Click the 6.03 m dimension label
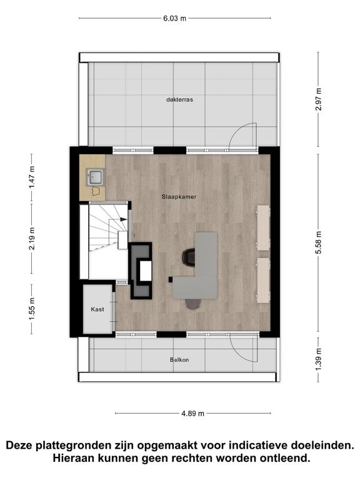coord(174,18)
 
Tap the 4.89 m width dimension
coord(193,414)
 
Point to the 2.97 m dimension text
coord(318,99)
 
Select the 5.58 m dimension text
coord(318,242)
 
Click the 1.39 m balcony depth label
coord(318,359)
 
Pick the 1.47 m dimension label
coord(32,177)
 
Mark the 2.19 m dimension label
coord(32,239)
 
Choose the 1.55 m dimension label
coord(32,309)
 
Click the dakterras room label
coord(180,99)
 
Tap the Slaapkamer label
coord(179,197)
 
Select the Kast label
coord(97,309)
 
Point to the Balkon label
coord(179,360)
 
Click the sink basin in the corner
coord(94,177)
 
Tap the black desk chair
coord(189,256)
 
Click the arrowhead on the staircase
coord(123,219)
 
